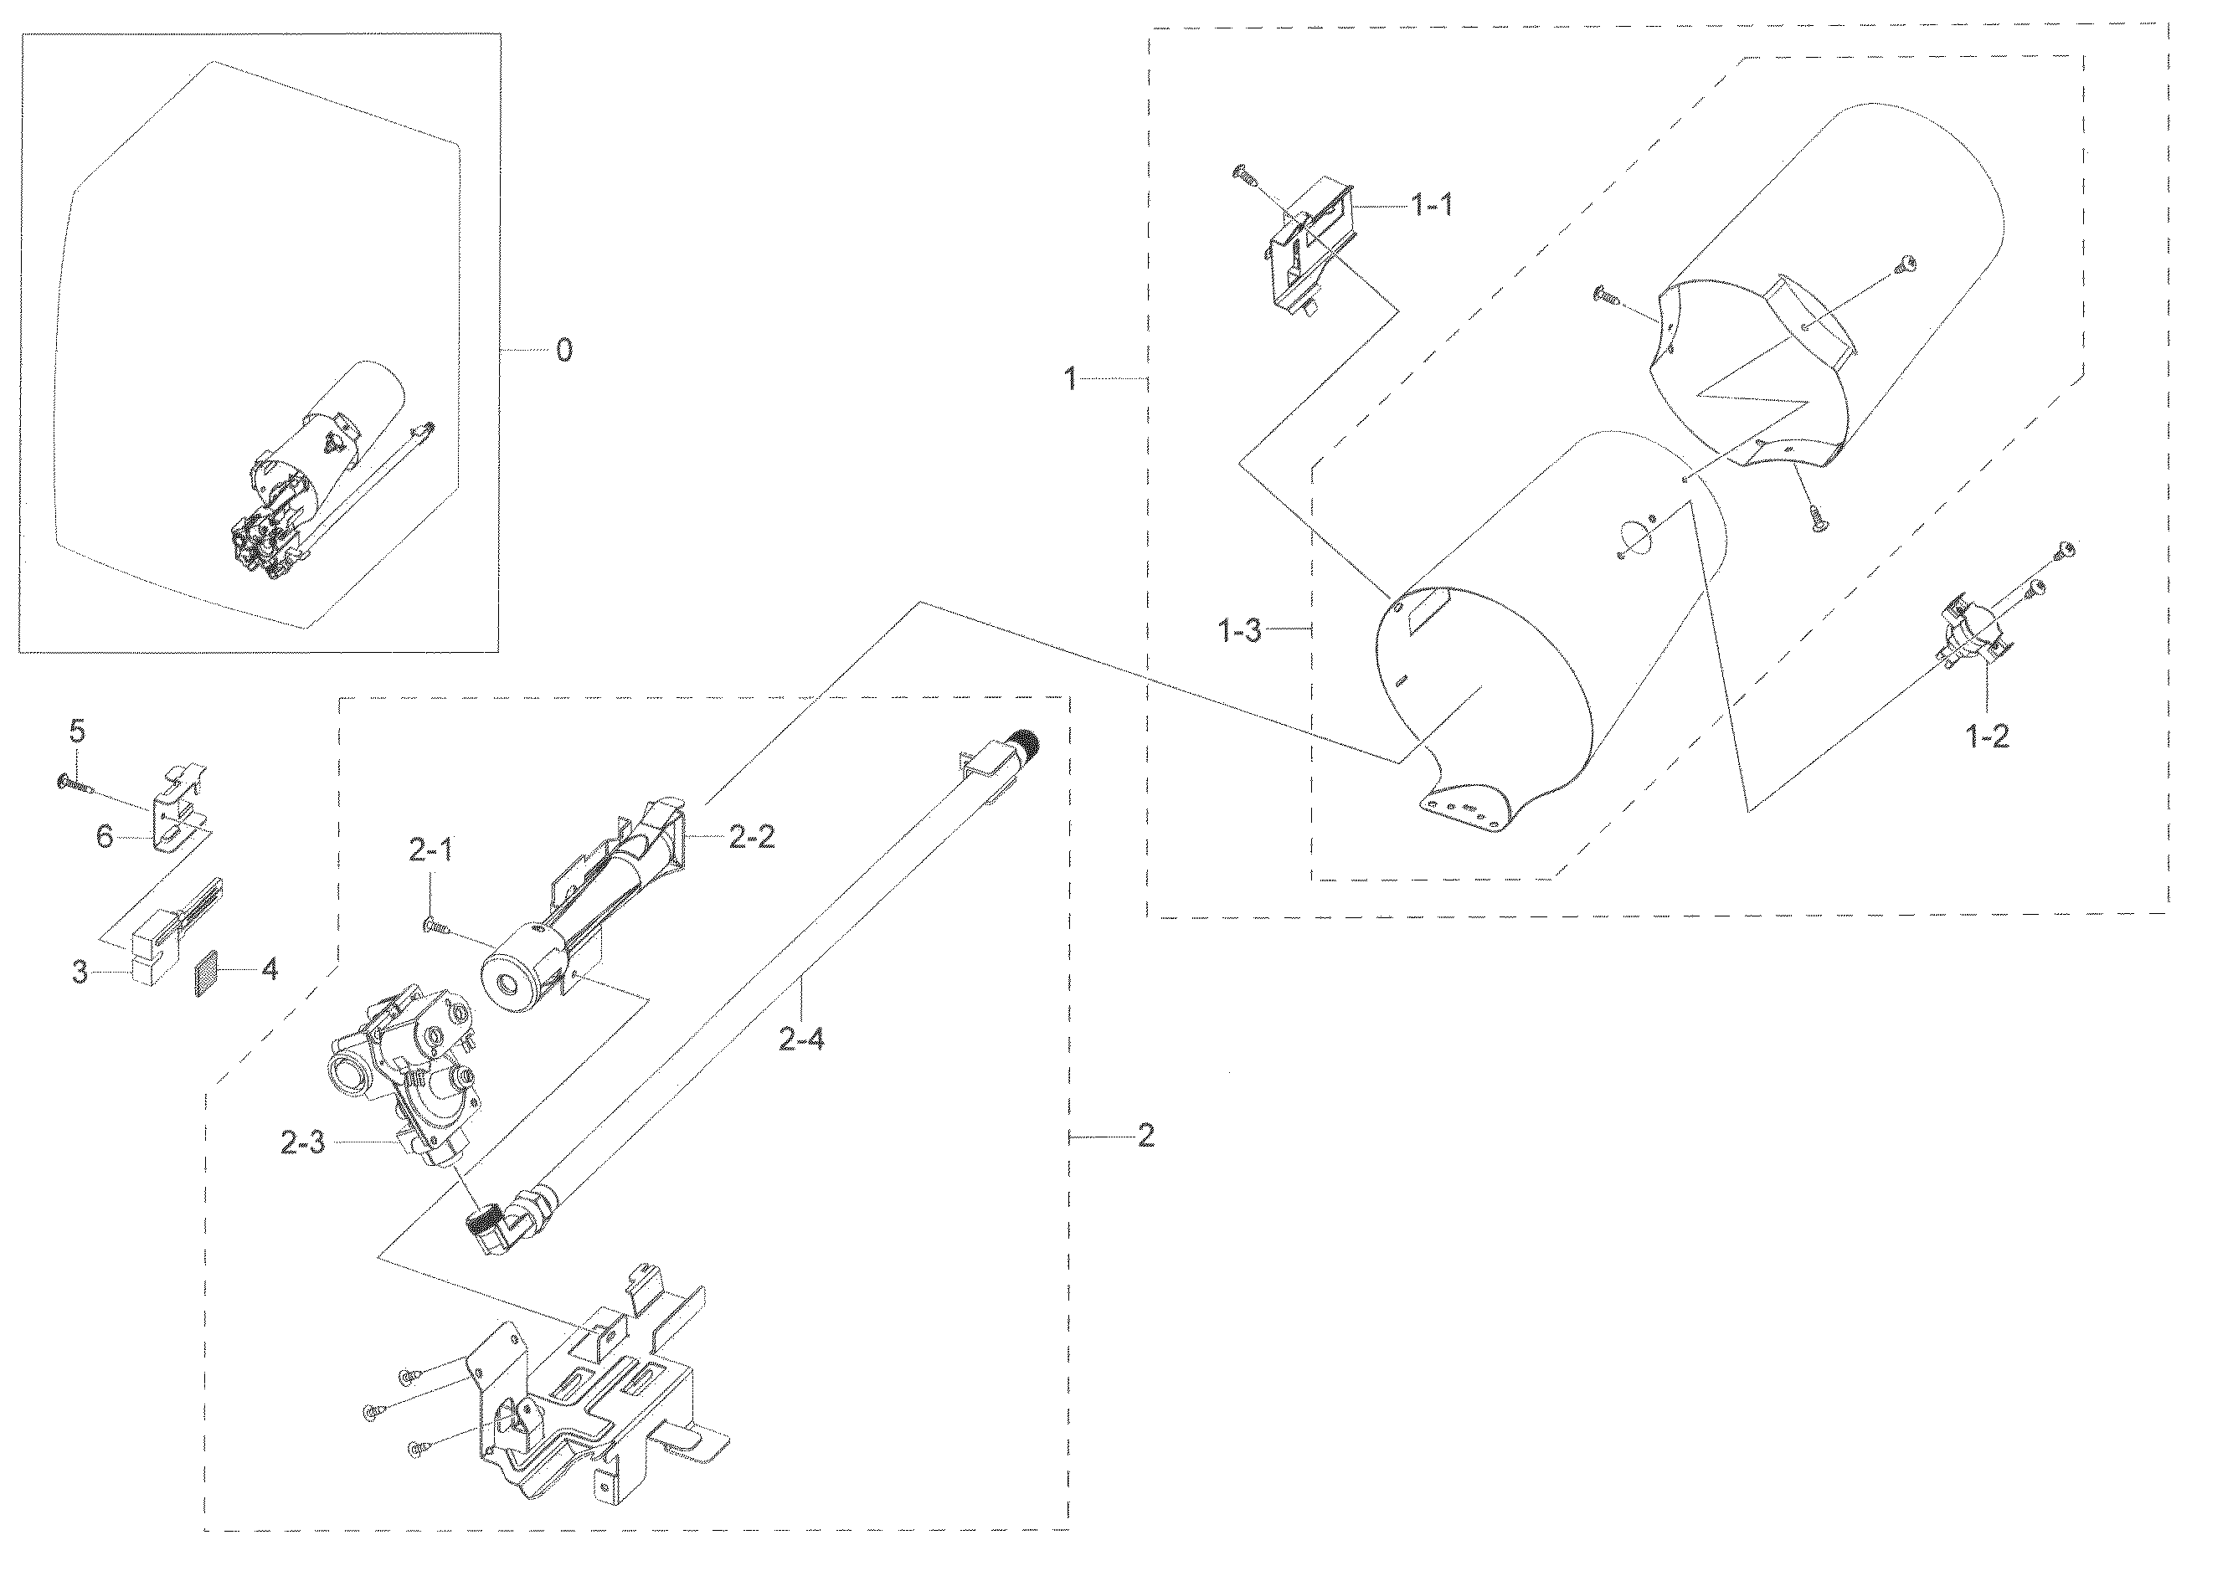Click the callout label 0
click(x=564, y=350)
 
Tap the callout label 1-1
click(x=1433, y=205)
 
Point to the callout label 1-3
click(x=1240, y=631)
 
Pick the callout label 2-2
click(x=752, y=837)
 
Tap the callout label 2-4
click(x=801, y=1040)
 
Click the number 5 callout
click(x=78, y=729)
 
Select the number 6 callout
click(x=105, y=836)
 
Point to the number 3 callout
click(x=80, y=973)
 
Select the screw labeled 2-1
click(x=435, y=927)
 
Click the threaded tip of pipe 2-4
click(x=1026, y=742)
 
